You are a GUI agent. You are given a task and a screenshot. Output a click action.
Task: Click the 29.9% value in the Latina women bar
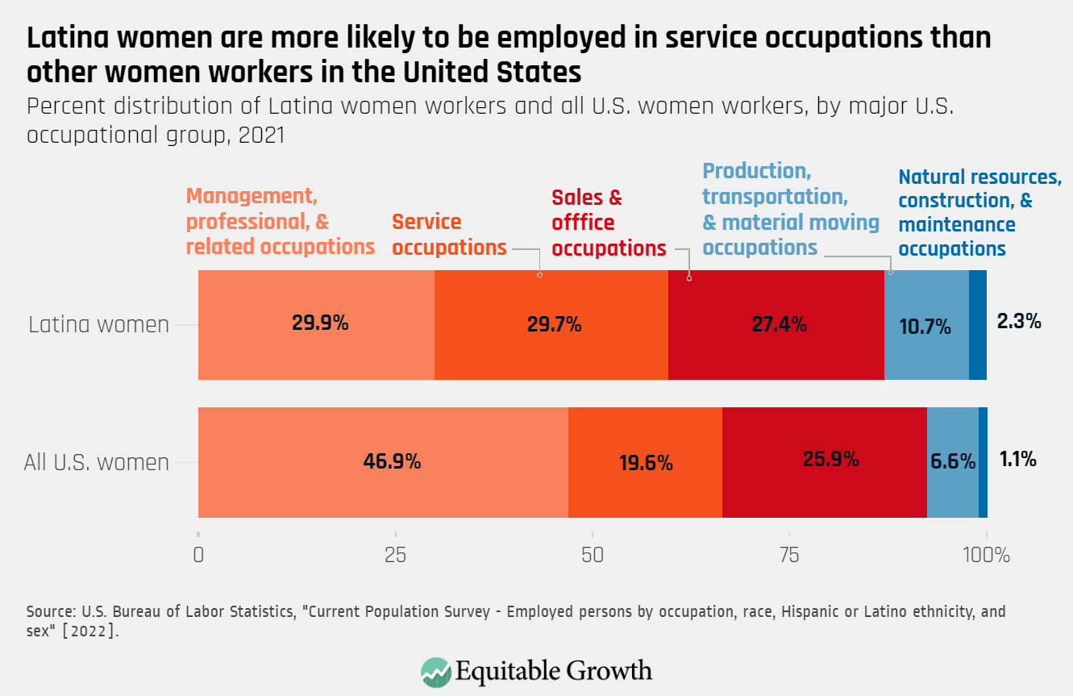coord(319,323)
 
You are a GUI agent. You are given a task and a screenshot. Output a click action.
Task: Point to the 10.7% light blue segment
coord(925,327)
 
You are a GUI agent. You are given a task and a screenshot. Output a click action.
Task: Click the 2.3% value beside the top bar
coord(1019,322)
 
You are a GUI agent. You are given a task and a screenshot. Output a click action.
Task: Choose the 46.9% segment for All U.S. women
coord(392,462)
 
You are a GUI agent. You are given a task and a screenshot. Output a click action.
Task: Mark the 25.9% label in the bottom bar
coord(830,460)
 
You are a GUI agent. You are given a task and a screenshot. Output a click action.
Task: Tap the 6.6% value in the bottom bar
coord(953,462)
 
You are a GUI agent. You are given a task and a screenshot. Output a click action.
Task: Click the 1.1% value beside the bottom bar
coord(1017,460)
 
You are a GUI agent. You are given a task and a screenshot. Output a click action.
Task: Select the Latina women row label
coord(99,325)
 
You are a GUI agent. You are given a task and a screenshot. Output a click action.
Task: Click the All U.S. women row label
coord(97,463)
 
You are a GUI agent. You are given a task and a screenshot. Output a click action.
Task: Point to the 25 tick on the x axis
coord(395,556)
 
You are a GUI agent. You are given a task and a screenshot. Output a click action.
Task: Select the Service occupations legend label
coord(449,235)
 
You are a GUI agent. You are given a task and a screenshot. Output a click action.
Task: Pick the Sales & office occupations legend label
coord(609,223)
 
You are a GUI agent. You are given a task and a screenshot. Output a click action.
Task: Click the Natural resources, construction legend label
coord(979,213)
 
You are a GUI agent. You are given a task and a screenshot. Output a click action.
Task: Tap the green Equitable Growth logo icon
coord(436,672)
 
